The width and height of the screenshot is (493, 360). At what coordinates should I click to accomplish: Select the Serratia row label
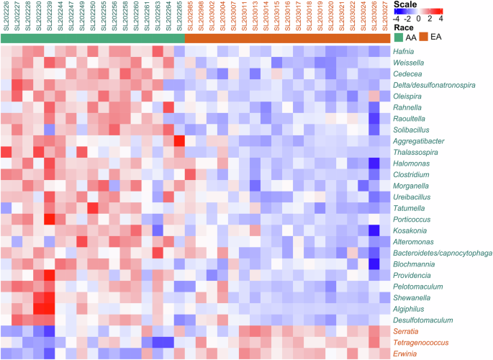pyautogui.click(x=406, y=331)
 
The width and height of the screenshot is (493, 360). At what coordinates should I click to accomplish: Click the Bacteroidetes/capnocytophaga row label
pyautogui.click(x=441, y=253)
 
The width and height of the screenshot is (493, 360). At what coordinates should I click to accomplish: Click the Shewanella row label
pyautogui.click(x=411, y=297)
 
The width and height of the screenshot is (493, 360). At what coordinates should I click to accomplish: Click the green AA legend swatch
pyautogui.click(x=399, y=37)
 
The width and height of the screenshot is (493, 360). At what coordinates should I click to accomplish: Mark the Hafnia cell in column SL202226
pyautogui.click(x=6, y=51)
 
